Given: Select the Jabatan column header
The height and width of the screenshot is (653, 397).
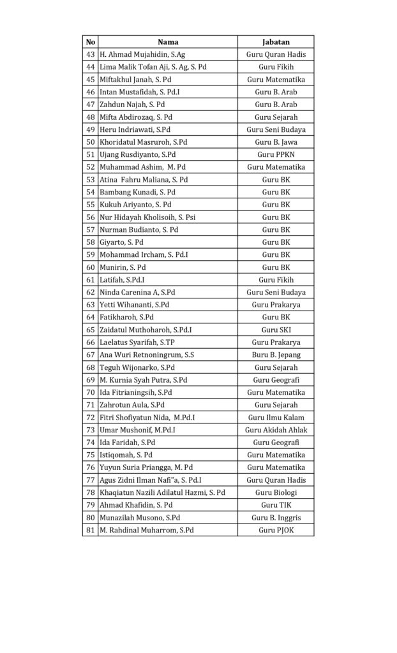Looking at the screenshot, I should (x=276, y=42).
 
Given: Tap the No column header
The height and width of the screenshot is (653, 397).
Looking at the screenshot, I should (x=90, y=42).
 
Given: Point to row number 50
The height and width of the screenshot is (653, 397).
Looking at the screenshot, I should (x=90, y=142).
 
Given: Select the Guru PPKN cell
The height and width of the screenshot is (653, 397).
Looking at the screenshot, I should (x=276, y=155).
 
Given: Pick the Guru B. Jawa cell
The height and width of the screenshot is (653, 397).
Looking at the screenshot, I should (x=276, y=142).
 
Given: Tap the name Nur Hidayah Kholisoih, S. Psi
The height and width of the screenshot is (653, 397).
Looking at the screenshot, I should (x=147, y=217).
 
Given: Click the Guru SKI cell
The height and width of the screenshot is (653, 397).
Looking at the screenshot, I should (x=276, y=330).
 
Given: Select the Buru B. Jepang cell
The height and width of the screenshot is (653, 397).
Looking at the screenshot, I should (x=276, y=355).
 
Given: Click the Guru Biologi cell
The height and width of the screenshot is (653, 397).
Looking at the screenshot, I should (x=276, y=492).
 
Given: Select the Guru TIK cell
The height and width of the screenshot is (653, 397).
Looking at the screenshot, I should (x=276, y=505).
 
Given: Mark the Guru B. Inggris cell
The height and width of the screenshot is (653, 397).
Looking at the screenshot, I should (x=276, y=517).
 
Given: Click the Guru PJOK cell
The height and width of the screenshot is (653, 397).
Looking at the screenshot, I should (x=276, y=530).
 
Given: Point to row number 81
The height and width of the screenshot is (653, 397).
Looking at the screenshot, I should (x=90, y=530).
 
